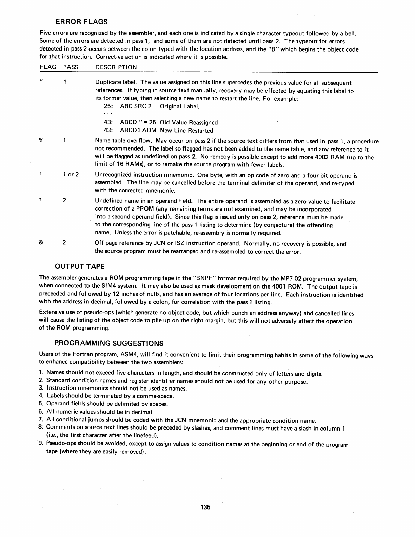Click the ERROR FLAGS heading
pyautogui.click(x=81, y=22)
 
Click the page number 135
pyautogui.click(x=205, y=507)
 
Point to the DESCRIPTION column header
pyautogui.click(x=116, y=67)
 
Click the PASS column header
pyautogui.click(x=71, y=67)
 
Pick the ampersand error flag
pyautogui.click(x=41, y=243)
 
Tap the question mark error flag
pyautogui.click(x=40, y=200)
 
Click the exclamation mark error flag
pyautogui.click(x=40, y=175)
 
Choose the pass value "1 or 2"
pyautogui.click(x=71, y=175)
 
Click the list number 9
pyautogui.click(x=41, y=444)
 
